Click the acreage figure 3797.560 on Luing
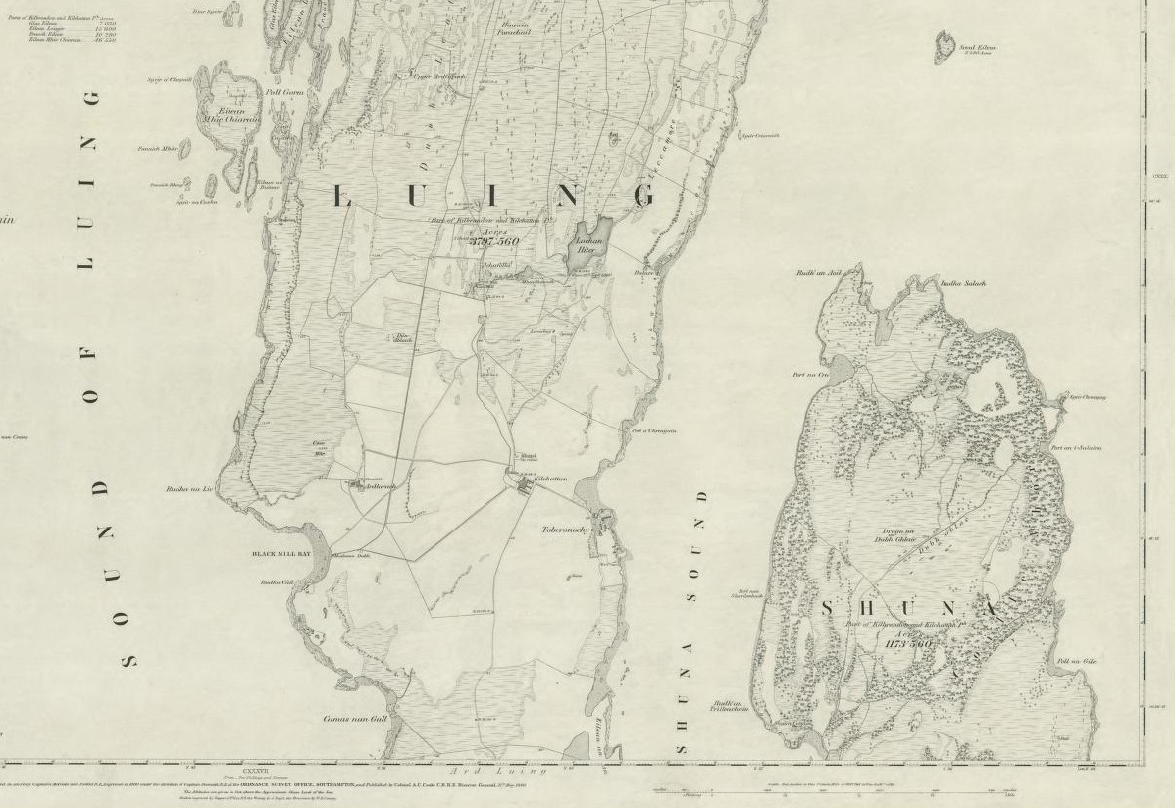coord(493,240)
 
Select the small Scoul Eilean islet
coord(944,43)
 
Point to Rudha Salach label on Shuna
coord(962,284)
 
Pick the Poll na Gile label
coord(1076,662)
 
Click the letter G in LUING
coord(644,196)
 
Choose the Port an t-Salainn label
coord(1076,448)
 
